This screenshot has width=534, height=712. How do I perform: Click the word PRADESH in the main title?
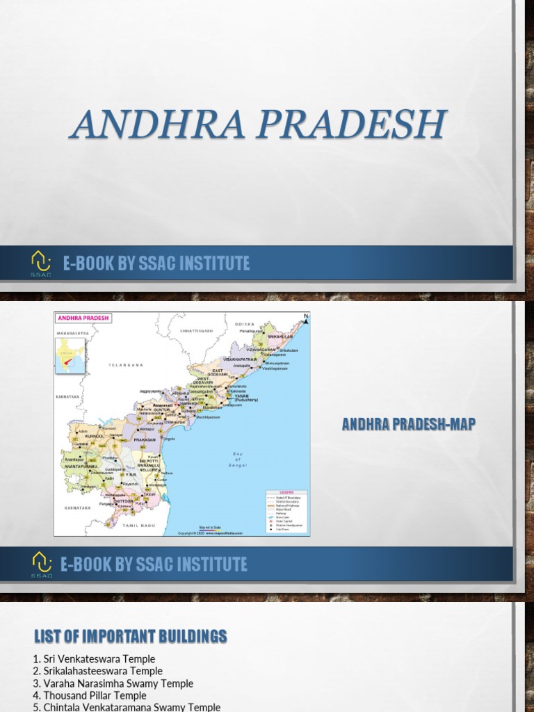point(348,124)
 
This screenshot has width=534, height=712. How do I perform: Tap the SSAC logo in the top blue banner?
point(40,264)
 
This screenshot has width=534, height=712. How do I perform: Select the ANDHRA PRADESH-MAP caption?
point(408,425)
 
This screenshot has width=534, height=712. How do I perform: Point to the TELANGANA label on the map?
point(125,364)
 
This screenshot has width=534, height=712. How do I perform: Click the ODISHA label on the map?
point(244,324)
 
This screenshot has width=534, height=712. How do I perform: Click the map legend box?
point(284,510)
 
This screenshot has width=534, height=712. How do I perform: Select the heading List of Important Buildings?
point(130,636)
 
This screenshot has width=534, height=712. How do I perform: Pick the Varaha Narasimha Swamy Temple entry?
point(113,683)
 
